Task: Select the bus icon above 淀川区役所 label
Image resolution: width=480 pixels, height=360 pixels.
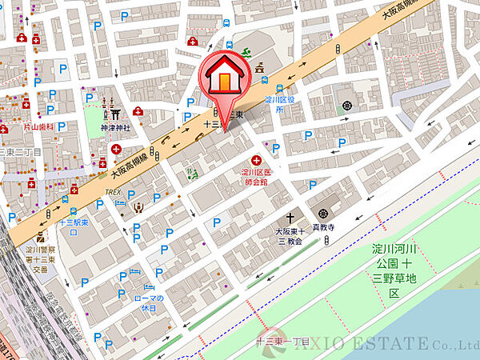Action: [278, 90]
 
